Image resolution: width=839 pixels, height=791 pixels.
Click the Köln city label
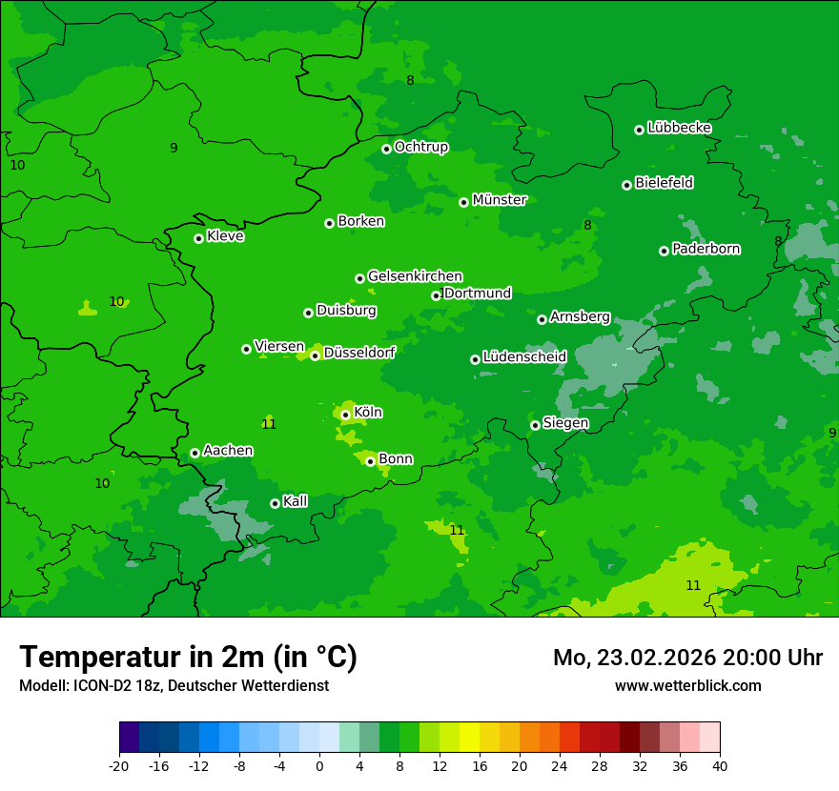368,413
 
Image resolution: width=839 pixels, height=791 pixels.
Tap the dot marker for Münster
463,202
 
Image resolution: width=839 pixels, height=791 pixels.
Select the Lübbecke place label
679,128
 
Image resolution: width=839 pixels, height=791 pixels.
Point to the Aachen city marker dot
194,453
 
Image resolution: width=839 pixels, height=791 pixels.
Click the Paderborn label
706,249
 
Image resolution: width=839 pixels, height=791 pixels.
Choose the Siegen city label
565,423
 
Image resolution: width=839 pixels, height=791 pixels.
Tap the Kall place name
296,501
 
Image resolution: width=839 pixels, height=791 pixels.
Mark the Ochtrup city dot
386,149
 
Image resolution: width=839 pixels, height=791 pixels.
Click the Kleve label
225,236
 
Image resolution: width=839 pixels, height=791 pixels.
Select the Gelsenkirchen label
415,276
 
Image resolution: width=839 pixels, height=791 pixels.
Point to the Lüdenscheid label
524,357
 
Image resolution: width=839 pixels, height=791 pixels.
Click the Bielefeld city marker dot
626,185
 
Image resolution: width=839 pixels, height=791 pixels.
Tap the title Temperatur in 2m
188,658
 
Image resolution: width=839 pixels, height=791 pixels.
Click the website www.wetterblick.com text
687,685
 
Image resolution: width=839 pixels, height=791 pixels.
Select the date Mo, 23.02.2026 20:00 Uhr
687,658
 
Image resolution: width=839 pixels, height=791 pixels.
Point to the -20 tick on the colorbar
119,765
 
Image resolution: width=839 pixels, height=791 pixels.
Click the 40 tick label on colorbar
720,765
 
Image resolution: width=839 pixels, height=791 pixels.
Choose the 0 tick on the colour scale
319,765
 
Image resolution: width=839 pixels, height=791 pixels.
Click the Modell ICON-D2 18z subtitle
174,685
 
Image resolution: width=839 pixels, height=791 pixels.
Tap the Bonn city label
396,459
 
